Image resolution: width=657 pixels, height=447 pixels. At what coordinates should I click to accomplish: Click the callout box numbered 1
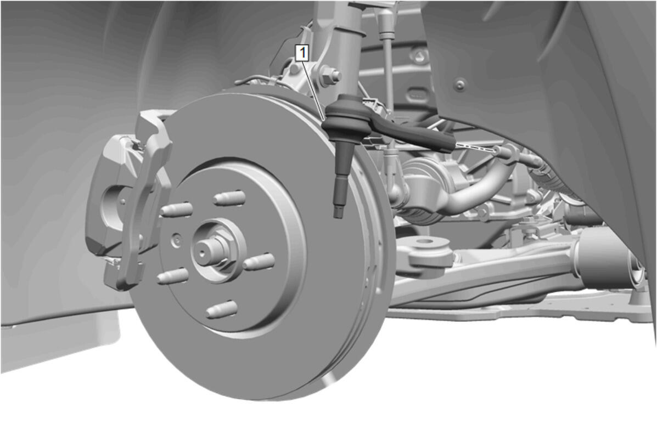(x=302, y=54)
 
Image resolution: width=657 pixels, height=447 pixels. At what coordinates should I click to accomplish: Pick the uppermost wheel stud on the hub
(x=229, y=197)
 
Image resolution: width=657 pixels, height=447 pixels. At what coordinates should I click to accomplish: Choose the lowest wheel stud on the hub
(x=222, y=310)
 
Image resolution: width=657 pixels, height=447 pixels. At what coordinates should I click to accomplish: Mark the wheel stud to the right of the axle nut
(x=259, y=262)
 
